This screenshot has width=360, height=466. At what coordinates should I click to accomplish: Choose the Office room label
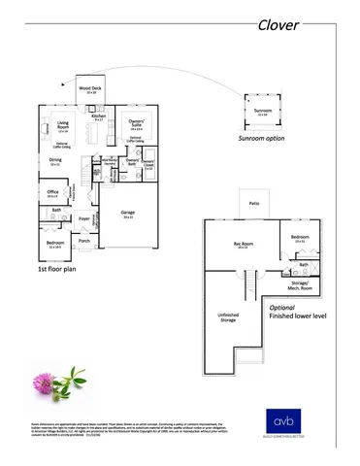tap(53, 192)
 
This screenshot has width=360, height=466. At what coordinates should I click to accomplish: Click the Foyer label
tap(83, 218)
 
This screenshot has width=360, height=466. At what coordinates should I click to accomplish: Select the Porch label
tap(84, 241)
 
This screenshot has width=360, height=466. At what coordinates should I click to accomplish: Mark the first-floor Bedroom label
tap(55, 243)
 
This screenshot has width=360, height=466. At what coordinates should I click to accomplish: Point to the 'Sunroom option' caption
tap(262, 139)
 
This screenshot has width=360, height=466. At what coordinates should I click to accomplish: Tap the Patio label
tap(254, 204)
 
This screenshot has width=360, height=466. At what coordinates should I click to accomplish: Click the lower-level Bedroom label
tap(299, 237)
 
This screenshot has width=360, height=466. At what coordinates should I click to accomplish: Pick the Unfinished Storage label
tap(229, 317)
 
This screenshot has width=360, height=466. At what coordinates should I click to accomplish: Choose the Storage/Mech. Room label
tap(300, 286)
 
